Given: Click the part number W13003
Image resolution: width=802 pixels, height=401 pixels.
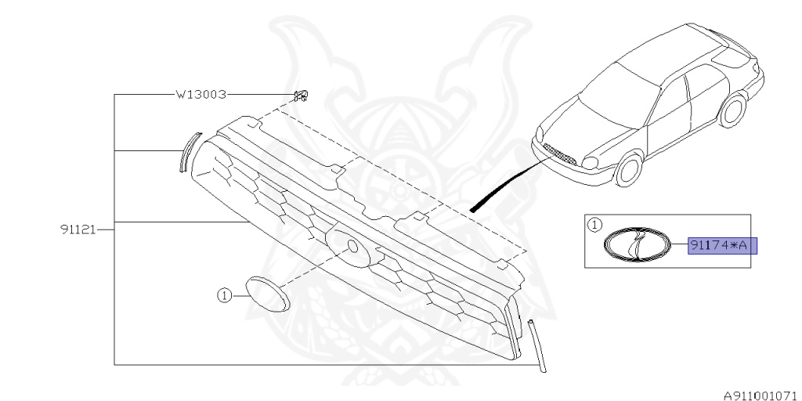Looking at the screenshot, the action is tap(200, 95).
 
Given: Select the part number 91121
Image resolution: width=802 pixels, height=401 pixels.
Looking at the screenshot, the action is tap(78, 229).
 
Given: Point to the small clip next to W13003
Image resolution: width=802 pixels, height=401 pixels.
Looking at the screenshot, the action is tap(299, 96).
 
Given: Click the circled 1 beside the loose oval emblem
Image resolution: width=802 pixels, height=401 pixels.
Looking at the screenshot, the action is tap(225, 295).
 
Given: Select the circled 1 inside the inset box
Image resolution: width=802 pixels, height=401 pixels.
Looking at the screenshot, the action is tap(594, 225).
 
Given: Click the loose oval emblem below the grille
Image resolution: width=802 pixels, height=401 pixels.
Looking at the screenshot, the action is tap(267, 294).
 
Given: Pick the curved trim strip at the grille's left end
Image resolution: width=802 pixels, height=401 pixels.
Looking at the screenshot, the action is tap(187, 151).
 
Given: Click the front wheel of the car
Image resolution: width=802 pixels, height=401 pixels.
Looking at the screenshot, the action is tap(629, 168).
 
